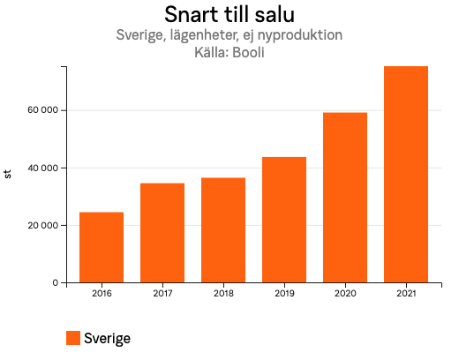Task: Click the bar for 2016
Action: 102,247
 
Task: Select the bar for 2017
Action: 162,233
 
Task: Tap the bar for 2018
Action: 223,230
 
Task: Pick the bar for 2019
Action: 284,220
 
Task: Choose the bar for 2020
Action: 345,198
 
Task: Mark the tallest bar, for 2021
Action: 406,175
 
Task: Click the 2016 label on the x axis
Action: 102,293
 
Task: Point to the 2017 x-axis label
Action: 162,293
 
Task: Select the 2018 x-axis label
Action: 223,293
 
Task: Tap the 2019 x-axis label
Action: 284,293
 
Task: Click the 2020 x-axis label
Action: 345,293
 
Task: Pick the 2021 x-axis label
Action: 406,293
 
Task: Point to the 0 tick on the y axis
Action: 55,283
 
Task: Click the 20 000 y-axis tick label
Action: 42,226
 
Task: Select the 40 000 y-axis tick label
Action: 42,168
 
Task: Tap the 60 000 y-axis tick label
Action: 42,110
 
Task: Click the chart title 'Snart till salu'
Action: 229,15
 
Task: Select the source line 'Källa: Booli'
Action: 229,52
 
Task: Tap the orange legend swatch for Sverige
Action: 73,338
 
